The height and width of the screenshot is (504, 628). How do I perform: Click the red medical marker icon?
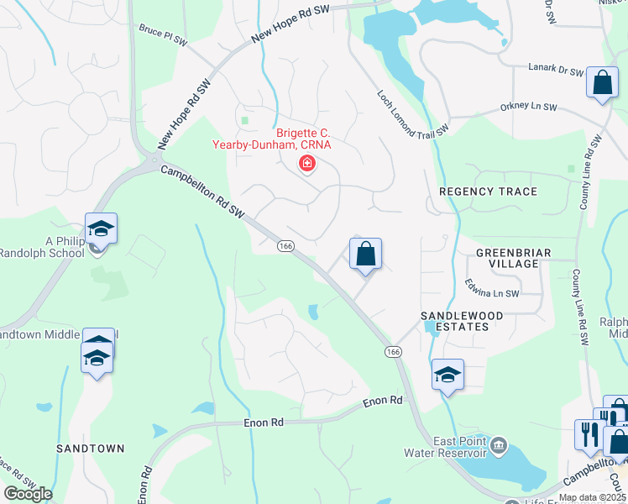(x=306, y=163)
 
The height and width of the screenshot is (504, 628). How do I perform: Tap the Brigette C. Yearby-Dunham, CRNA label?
(x=304, y=139)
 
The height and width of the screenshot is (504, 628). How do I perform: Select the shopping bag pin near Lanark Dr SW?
(x=601, y=83)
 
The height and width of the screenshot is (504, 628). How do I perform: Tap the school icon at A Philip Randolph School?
(x=101, y=228)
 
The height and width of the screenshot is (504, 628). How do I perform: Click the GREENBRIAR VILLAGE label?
(x=506, y=258)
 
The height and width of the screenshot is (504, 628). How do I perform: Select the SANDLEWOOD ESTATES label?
(x=455, y=320)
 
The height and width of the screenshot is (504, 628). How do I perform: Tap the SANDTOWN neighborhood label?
(x=85, y=449)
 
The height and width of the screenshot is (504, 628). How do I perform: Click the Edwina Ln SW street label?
(x=493, y=293)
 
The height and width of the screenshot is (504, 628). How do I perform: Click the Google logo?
(x=28, y=494)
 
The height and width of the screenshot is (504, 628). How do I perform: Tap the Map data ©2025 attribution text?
(x=592, y=497)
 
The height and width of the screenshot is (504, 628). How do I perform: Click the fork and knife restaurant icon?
(x=587, y=433)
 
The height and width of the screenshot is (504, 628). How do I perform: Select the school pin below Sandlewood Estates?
(x=447, y=375)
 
